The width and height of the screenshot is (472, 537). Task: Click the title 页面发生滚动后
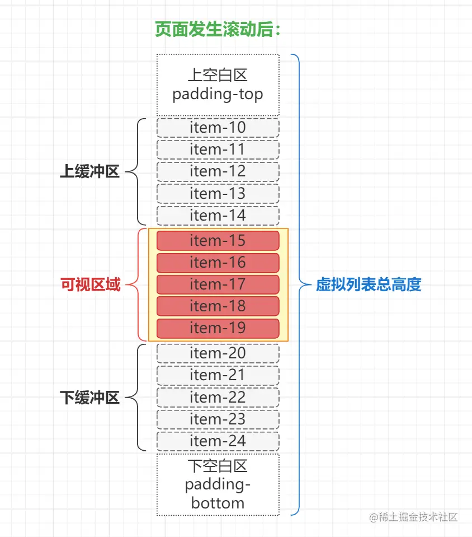click(218, 30)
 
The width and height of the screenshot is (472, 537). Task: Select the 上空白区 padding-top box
click(218, 85)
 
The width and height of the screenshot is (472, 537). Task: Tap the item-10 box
click(218, 128)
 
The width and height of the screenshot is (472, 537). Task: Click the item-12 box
click(218, 171)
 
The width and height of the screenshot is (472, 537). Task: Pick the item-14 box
click(218, 216)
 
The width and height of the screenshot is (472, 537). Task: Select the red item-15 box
click(218, 241)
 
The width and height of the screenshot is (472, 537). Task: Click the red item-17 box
click(218, 284)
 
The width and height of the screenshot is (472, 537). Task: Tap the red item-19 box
click(218, 328)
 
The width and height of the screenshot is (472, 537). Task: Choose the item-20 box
click(218, 353)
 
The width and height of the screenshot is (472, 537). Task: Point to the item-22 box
click(218, 398)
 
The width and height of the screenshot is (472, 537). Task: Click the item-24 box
click(218, 441)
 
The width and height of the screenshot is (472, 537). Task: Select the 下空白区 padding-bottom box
click(218, 484)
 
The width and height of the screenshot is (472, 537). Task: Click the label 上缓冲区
click(89, 172)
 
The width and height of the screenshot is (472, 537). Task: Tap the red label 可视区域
click(89, 285)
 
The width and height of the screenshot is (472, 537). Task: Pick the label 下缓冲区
click(89, 398)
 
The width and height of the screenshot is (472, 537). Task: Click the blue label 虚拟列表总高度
click(368, 285)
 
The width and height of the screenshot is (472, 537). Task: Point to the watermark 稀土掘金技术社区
click(413, 517)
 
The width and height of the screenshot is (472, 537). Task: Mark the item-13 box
click(218, 194)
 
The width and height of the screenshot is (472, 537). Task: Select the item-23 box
click(218, 419)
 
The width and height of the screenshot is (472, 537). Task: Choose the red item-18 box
click(218, 306)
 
